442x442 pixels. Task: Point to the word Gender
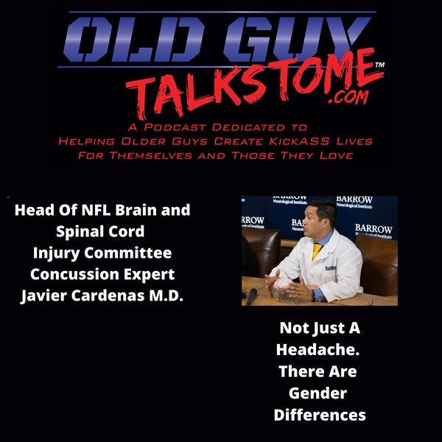[x=318, y=393]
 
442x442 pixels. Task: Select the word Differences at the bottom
[x=319, y=415]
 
